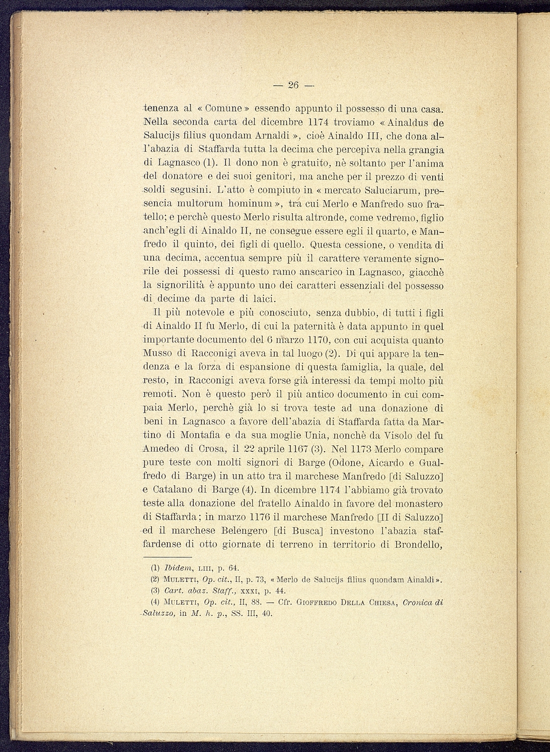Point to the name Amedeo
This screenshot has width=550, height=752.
pyautogui.click(x=160, y=449)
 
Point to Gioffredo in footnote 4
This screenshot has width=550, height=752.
pyautogui.click(x=321, y=602)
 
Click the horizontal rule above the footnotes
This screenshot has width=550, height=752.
pyautogui.click(x=167, y=557)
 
